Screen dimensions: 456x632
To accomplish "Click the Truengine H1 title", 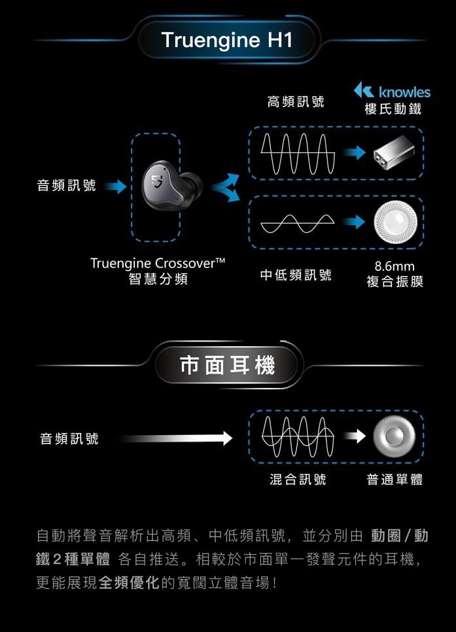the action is (x=226, y=41).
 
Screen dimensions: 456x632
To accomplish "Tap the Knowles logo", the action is (x=392, y=92).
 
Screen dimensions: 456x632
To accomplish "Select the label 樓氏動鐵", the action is (x=393, y=109).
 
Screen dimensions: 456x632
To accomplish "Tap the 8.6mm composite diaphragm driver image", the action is (x=394, y=223).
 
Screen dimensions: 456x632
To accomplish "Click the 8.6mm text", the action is (x=395, y=267).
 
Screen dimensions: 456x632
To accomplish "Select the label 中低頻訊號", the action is (x=296, y=275).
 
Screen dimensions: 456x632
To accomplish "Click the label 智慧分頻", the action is (x=158, y=279).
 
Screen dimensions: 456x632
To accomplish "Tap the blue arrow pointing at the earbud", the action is (x=116, y=187).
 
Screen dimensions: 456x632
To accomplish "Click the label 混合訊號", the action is (x=298, y=480).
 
